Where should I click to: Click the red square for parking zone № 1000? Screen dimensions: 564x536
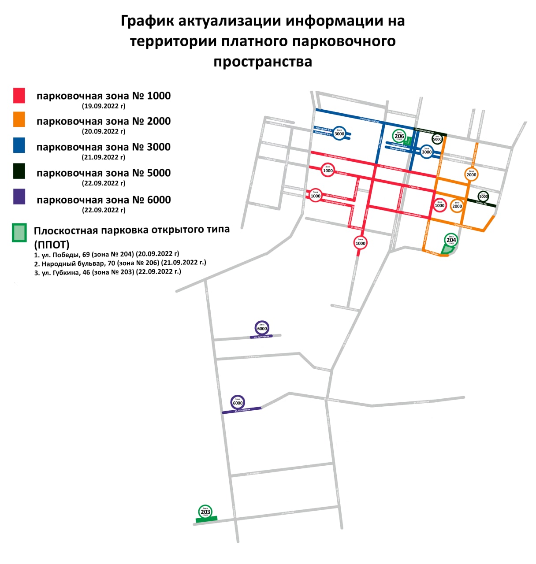[19, 95]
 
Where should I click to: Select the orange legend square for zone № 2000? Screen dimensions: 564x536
[19, 119]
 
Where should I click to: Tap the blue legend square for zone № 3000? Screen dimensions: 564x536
[19, 145]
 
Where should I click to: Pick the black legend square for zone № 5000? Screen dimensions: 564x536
[19, 171]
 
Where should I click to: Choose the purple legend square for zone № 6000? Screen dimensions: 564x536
[19, 197]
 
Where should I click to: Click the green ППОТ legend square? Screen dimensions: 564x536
[19, 233]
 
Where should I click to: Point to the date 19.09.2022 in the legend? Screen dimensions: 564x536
[104, 106]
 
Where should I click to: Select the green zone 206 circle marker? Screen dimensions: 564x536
[399, 136]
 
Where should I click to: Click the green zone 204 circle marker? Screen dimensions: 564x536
[451, 240]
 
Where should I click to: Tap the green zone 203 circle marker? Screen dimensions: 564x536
[205, 512]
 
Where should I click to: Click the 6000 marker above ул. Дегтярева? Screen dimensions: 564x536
[262, 328]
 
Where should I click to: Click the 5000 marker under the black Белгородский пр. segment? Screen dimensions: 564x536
[437, 139]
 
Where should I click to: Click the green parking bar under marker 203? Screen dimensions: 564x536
[206, 519]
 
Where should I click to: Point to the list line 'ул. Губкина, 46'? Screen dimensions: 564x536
[108, 272]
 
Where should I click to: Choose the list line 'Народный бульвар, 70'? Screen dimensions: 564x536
[120, 263]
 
